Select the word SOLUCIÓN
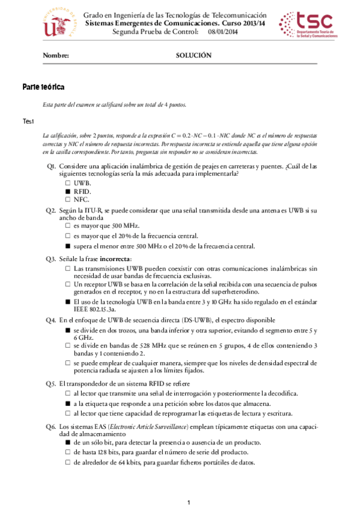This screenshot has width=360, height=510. tap(194, 55)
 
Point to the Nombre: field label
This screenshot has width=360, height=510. tap(56, 55)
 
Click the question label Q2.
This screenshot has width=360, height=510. tap(51, 210)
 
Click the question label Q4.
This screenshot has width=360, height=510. tap(51, 320)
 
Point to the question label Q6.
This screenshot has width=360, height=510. tap(51, 426)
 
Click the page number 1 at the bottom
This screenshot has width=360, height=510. tap(188, 502)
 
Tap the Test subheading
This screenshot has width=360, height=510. tap(29, 122)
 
